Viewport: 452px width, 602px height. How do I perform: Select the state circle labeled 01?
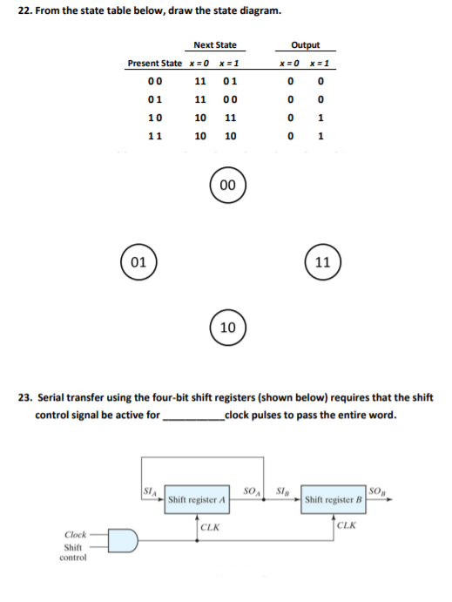click(138, 260)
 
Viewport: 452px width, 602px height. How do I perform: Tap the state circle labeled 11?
click(323, 260)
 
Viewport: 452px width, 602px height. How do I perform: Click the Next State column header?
click(214, 45)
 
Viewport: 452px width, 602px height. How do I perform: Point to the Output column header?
click(305, 45)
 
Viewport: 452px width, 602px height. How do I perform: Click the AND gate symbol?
click(121, 542)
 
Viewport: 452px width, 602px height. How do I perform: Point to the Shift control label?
click(74, 551)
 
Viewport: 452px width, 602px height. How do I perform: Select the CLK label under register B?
click(346, 526)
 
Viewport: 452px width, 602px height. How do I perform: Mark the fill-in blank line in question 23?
click(192, 416)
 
